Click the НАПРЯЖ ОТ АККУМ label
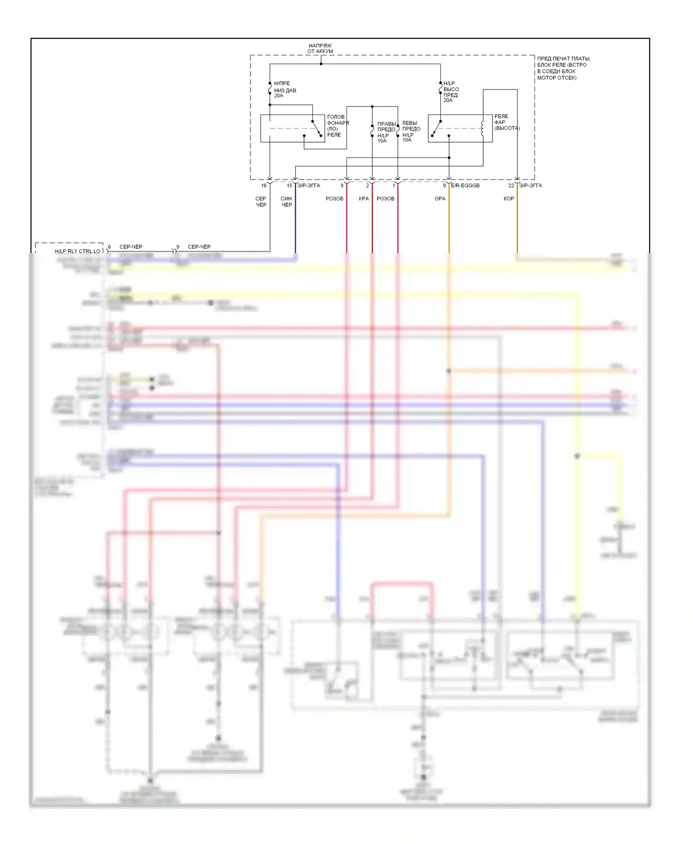pos(320,48)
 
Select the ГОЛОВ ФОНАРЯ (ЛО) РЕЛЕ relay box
pos(292,128)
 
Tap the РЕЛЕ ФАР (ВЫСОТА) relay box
pos(460,128)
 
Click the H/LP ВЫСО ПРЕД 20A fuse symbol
pos(440,89)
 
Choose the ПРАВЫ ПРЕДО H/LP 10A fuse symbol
pos(372,131)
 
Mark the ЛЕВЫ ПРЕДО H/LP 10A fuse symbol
pos(398,131)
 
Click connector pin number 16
pos(264,186)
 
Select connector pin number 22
pos(511,186)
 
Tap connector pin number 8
pos(342,186)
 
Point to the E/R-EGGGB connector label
pos(465,186)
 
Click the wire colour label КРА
pos(364,199)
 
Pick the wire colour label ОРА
pos(440,199)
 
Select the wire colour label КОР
pos(509,199)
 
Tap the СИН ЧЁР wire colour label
pos(286,202)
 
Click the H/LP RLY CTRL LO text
pos(78,251)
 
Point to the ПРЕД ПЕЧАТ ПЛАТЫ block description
pos(564,68)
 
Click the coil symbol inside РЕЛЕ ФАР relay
pos(483,128)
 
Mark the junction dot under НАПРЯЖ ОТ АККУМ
pos(321,64)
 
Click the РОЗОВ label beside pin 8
pos(334,199)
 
